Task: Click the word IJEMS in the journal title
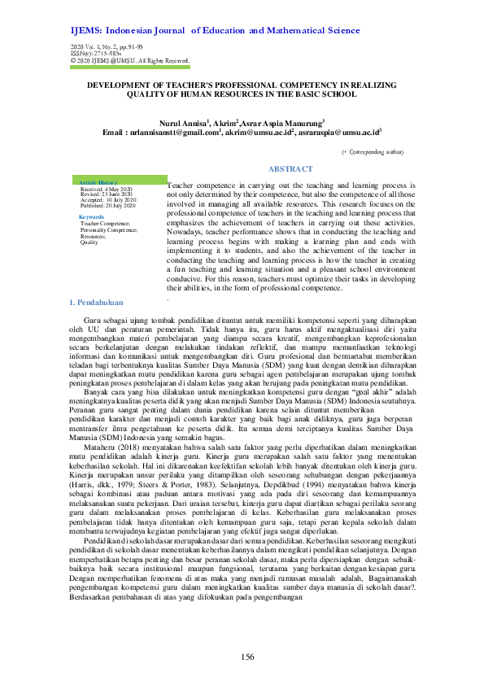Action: coord(88,31)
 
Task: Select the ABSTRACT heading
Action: coord(290,168)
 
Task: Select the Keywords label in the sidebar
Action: coord(91,216)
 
